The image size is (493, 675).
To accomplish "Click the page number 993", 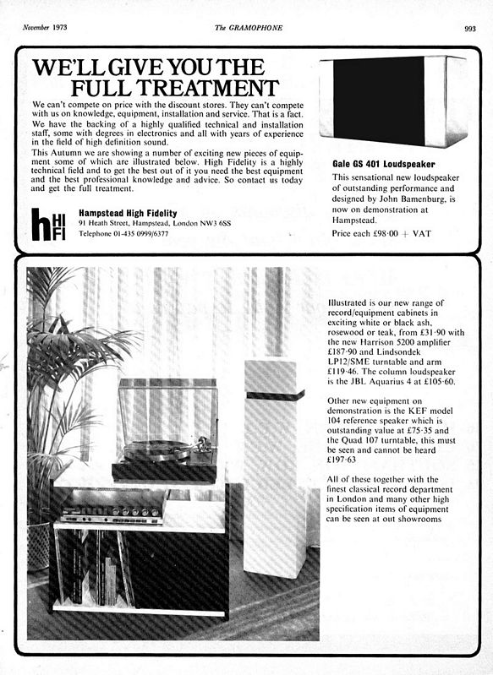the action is (470, 28).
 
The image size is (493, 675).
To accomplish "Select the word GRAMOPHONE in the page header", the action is (254, 28).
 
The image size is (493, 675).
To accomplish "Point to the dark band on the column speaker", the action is (274, 395).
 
